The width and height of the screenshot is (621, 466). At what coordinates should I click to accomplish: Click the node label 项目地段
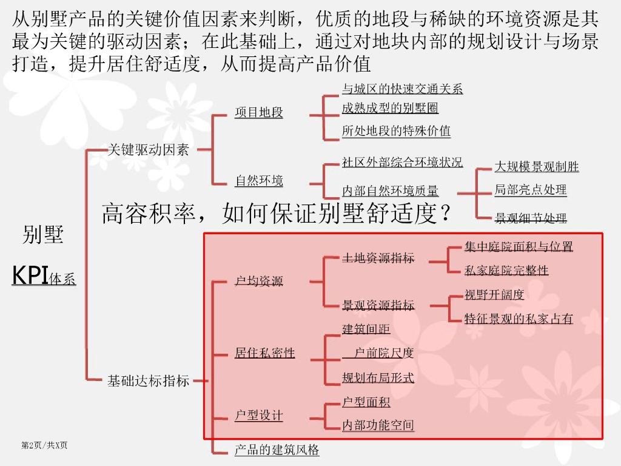point(259,113)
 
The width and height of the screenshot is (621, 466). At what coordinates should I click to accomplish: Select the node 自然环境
point(259,181)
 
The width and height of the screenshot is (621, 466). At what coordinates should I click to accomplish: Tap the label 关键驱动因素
point(149,150)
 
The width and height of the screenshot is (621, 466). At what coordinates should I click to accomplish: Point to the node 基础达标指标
point(149,381)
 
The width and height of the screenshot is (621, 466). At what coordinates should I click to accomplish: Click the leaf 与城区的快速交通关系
point(402,89)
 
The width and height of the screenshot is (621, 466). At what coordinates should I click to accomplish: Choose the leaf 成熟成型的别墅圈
point(390,109)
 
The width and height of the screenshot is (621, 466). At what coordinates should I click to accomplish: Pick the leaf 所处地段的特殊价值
point(396,131)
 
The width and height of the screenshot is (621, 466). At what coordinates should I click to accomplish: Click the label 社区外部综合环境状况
point(402,163)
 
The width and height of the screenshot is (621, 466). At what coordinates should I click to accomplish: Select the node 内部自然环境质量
point(390,191)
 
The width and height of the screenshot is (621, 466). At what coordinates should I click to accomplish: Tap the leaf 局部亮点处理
point(531,190)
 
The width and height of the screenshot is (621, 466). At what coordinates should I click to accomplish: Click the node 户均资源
point(259,281)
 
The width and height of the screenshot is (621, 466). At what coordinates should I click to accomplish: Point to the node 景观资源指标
point(378,305)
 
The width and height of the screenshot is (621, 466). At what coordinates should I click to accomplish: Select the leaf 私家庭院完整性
point(506,271)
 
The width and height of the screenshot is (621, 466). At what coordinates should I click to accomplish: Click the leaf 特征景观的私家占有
point(519,319)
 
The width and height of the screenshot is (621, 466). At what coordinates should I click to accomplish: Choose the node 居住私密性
point(265,353)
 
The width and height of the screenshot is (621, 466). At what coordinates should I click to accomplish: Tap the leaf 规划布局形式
point(378,378)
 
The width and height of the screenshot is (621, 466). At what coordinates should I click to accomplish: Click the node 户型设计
point(259,416)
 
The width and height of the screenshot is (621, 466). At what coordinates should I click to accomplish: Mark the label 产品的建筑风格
point(277,450)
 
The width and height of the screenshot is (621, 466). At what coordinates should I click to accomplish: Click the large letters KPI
point(30,275)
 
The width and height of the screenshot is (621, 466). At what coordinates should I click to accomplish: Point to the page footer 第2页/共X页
point(44,446)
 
